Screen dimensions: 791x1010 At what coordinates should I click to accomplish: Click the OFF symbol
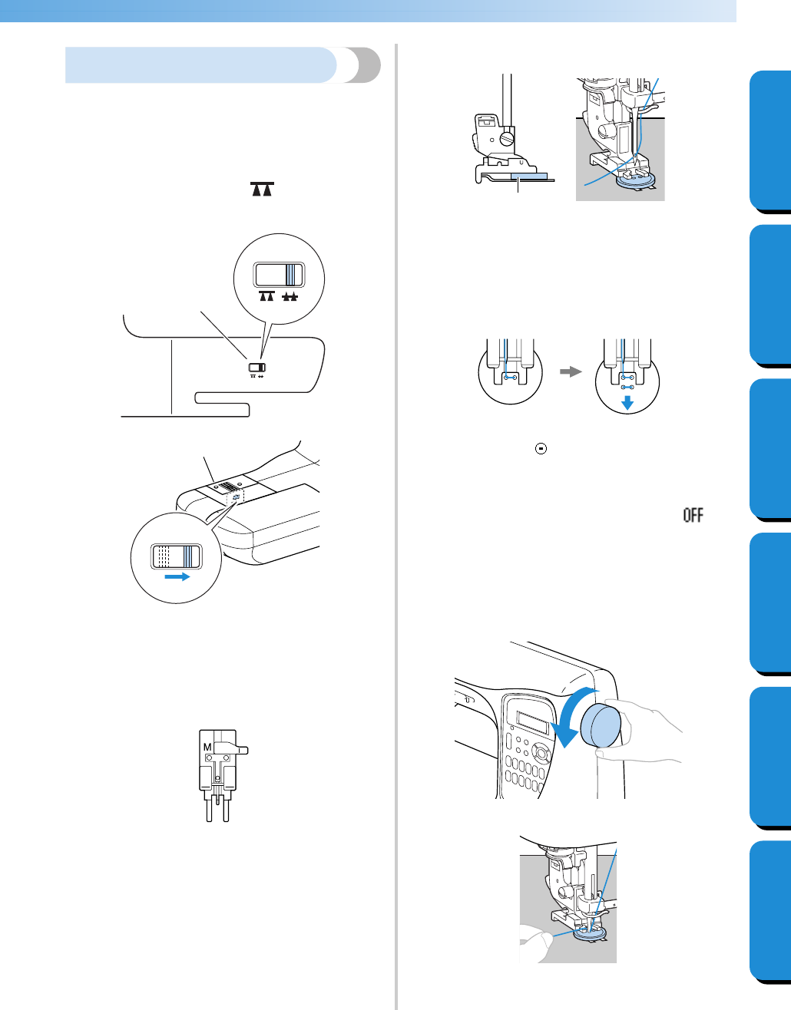(693, 515)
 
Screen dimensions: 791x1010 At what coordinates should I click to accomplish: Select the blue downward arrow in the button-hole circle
(627, 402)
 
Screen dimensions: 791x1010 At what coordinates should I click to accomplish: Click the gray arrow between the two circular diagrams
(569, 370)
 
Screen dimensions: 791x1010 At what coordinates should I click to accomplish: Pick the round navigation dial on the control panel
(542, 754)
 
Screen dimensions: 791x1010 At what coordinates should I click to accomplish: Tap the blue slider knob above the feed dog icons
(291, 275)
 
